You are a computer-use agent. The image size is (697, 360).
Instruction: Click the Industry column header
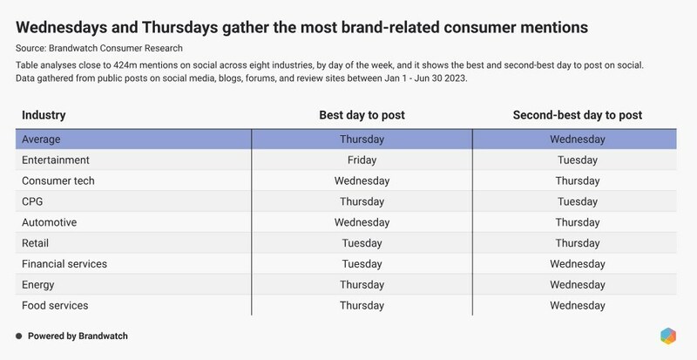point(43,115)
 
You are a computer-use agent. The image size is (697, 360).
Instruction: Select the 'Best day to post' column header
point(362,115)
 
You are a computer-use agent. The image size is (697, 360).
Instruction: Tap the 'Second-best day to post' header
point(577,115)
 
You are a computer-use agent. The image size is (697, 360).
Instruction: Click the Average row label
point(42,139)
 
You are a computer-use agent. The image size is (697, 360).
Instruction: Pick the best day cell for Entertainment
point(362,160)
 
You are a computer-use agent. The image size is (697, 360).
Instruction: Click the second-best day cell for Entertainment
point(577,160)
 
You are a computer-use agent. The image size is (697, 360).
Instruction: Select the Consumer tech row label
point(58,181)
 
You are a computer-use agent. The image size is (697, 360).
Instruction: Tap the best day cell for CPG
point(362,202)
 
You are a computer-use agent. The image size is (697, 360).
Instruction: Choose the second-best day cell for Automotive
point(577,223)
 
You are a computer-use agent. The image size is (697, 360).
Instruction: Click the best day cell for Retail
point(362,244)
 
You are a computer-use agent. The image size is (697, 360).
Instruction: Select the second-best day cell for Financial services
point(577,265)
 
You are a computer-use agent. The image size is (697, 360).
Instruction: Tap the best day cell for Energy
point(362,285)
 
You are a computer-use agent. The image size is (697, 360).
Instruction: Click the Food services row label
point(55,306)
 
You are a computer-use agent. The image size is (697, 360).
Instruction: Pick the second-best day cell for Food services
point(577,306)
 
